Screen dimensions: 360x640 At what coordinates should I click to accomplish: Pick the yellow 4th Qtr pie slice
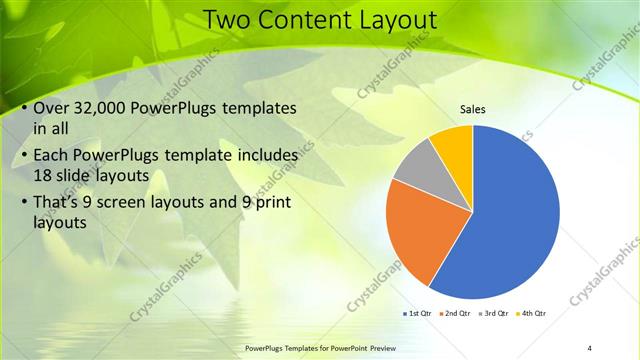(453, 145)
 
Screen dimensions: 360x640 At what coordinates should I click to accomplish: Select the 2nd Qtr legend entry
(455, 313)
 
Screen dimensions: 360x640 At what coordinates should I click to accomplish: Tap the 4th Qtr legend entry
(532, 313)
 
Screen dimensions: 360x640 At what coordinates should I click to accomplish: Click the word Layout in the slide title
(392, 19)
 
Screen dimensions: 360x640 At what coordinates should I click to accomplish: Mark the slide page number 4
(590, 347)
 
